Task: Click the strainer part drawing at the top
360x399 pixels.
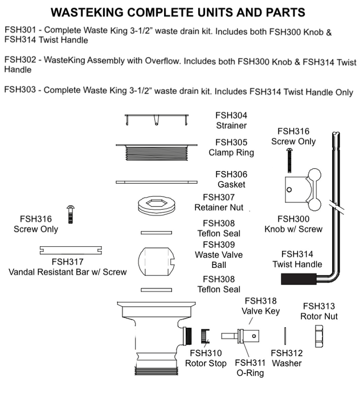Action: [156, 118]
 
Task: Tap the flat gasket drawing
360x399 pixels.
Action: [156, 182]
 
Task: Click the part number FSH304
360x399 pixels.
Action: [231, 115]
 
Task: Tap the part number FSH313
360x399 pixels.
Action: [319, 306]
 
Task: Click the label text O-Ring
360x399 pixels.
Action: [249, 373]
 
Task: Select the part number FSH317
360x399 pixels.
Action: [67, 262]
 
